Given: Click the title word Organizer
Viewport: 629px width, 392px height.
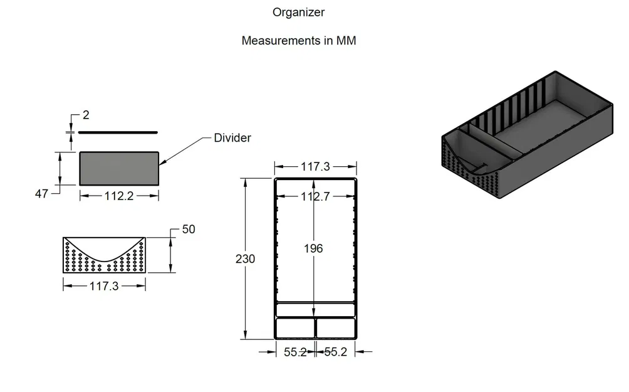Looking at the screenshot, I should pos(298,12).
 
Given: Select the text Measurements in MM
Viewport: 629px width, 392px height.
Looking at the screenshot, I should pos(299,41).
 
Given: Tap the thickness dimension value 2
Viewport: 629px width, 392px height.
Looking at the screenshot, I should pos(86,115).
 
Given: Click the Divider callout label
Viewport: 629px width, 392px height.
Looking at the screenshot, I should pos(232,138).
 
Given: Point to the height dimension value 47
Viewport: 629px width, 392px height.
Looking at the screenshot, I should pos(41,194).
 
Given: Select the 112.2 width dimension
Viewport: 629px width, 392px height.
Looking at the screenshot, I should pos(119,196).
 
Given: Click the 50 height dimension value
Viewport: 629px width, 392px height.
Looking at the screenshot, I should pos(188,230).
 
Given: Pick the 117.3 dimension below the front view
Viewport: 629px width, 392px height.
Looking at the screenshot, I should pos(105,286).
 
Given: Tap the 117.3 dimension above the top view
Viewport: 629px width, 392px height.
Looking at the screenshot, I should pos(315,167).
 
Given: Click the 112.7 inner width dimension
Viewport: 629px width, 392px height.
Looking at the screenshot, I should pos(315,196).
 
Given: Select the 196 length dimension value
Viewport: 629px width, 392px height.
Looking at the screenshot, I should pos(313,248).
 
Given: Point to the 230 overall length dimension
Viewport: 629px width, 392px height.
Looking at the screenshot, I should pos(245,258).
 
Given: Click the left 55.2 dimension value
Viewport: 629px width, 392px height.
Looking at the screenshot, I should pos(295,352).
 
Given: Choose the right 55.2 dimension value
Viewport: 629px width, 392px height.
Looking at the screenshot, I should pos(335,352).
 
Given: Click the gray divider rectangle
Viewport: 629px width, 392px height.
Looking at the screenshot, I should pos(119,168).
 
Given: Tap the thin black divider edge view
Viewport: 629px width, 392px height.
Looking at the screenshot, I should pos(118,132).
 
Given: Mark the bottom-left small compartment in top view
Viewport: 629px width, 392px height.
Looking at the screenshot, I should pos(294,327).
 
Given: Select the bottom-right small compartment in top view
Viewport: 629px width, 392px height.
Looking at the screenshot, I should pos(336,327).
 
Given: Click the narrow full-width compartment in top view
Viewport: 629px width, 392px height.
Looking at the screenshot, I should pos(315,310).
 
